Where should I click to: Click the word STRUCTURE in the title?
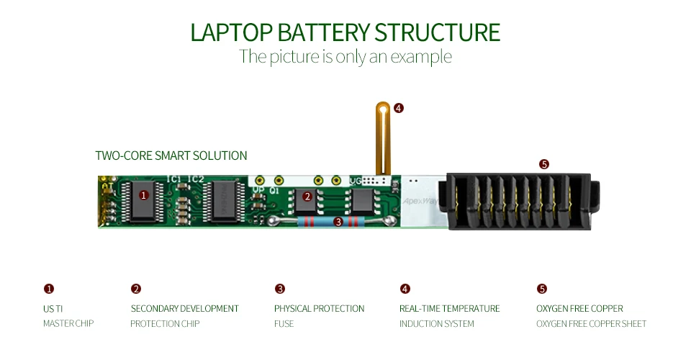pyautogui.click(x=437, y=32)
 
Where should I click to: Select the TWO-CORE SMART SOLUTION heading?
pyautogui.click(x=171, y=156)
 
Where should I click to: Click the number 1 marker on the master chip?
pyautogui.click(x=143, y=195)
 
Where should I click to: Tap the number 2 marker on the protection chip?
pyautogui.click(x=307, y=196)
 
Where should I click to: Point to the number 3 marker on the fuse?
pyautogui.click(x=338, y=222)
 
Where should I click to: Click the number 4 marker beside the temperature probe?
pyautogui.click(x=399, y=108)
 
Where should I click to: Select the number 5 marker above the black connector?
pyautogui.click(x=543, y=164)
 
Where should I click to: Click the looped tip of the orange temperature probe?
pyautogui.click(x=383, y=109)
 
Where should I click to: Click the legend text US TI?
pyautogui.click(x=54, y=308)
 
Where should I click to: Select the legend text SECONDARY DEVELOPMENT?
pyautogui.click(x=184, y=308)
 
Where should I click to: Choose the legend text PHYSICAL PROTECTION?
pyautogui.click(x=319, y=308)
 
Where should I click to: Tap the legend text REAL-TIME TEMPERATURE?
pyautogui.click(x=449, y=308)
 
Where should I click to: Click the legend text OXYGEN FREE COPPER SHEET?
pyautogui.click(x=591, y=324)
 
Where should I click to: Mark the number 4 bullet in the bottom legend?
pyautogui.click(x=405, y=289)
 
